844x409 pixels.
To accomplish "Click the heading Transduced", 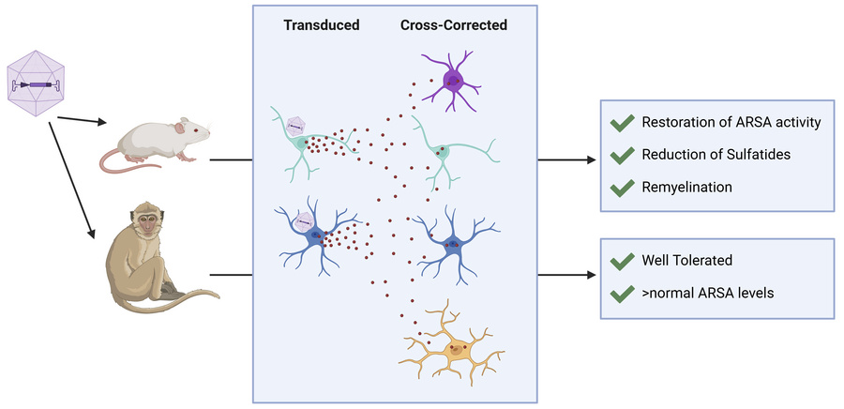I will (x=322, y=25).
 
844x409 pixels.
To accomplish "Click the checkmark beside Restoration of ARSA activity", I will (x=621, y=123).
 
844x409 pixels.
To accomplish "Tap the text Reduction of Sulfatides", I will (x=711, y=155).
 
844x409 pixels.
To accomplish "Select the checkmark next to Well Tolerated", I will (x=621, y=262).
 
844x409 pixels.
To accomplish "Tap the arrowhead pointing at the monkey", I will (x=94, y=235).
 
